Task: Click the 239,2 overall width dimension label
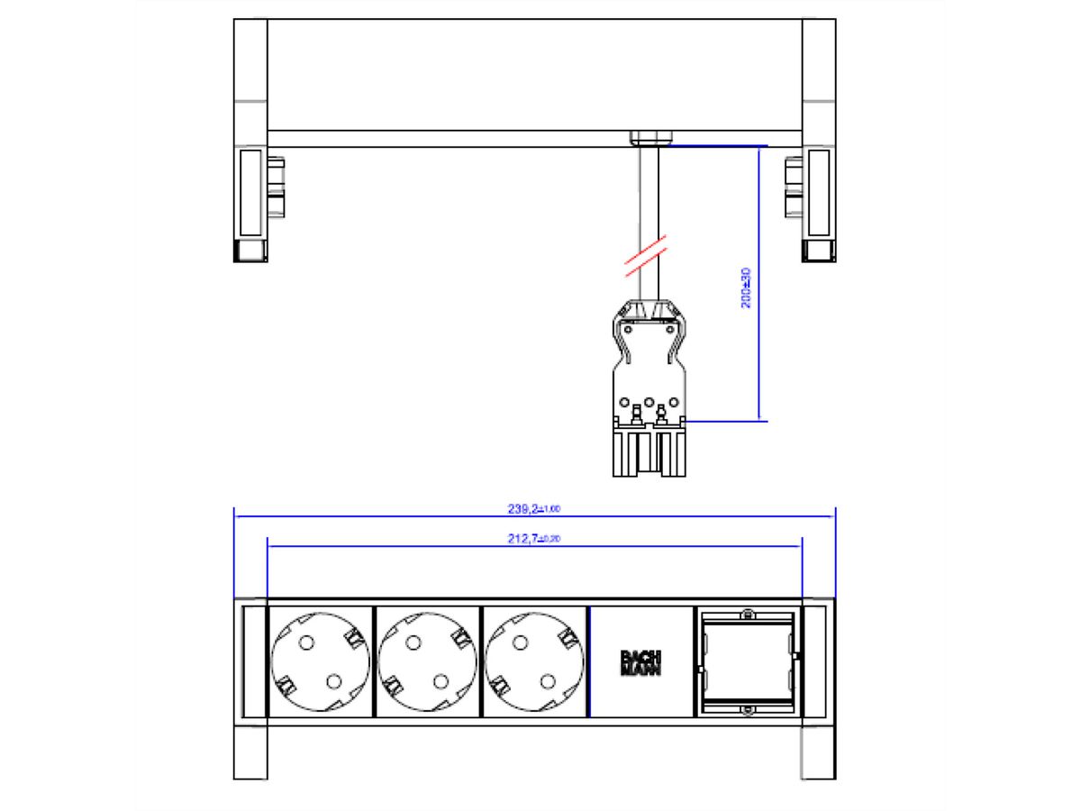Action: [x=534, y=509]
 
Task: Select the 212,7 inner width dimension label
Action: [x=534, y=539]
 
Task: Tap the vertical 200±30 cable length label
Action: [x=746, y=287]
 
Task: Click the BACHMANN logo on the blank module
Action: [x=640, y=662]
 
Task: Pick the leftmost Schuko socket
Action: [x=321, y=662]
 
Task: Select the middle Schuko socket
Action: [x=427, y=662]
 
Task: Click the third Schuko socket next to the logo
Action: [x=533, y=662]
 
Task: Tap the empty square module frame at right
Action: [x=747, y=662]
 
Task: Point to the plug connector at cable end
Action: [x=649, y=387]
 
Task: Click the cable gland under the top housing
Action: [x=649, y=138]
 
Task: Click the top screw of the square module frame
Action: [x=747, y=615]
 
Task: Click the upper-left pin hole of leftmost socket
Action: [x=305, y=642]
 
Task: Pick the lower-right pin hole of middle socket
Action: [x=441, y=682]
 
